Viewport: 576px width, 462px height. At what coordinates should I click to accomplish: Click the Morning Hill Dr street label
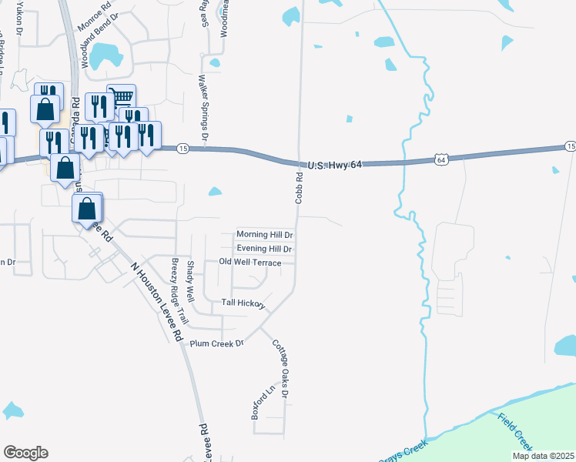tap(265, 234)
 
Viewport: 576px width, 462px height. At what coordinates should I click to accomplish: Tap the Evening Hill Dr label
tap(265, 249)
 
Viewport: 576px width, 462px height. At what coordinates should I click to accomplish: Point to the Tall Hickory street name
tap(243, 303)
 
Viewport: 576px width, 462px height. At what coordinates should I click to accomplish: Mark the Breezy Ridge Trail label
tap(179, 290)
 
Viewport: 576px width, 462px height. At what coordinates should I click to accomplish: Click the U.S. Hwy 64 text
tap(334, 164)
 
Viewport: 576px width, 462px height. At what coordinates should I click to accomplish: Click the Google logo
tap(25, 453)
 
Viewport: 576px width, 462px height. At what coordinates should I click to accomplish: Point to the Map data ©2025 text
tap(543, 456)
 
